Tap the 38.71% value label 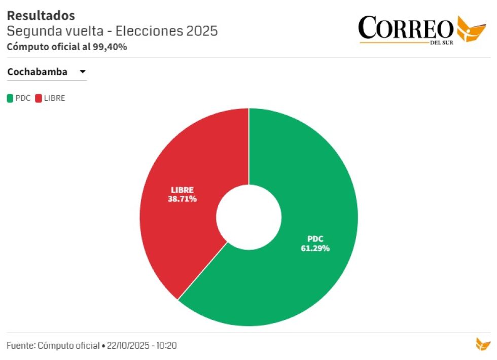tap(182, 199)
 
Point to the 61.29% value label tap(315, 248)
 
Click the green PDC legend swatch tap(10, 98)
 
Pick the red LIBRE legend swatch tap(39, 98)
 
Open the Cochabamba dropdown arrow tap(82, 72)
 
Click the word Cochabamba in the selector tap(37, 72)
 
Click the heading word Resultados tap(41, 16)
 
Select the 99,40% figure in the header tap(110, 47)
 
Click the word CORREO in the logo tap(406, 28)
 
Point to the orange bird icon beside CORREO tap(471, 29)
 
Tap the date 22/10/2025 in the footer tap(128, 346)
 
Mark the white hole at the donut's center tap(248, 217)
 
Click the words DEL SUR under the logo tap(441, 42)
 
